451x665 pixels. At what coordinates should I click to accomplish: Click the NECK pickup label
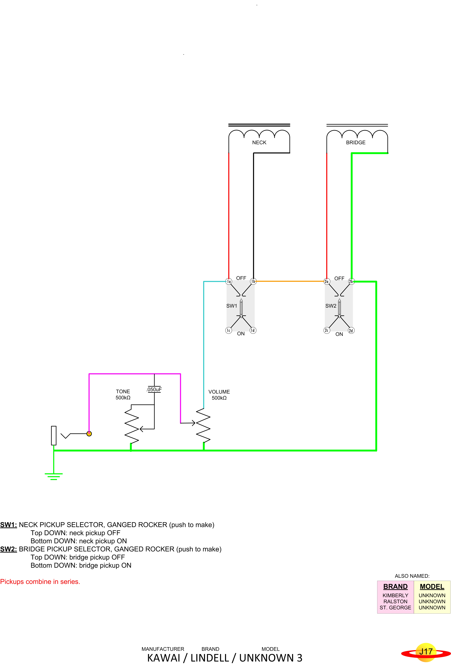click(x=259, y=143)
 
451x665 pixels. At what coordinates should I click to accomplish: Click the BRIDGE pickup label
click(x=356, y=143)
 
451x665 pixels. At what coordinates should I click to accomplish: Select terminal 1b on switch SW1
click(x=253, y=281)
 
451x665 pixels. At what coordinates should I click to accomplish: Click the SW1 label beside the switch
click(x=232, y=306)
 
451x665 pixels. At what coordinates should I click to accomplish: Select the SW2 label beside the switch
click(x=331, y=306)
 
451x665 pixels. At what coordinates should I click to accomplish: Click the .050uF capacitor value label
click(x=154, y=389)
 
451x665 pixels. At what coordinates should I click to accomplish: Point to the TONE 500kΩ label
click(x=123, y=395)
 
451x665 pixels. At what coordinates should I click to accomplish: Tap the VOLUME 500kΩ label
click(x=219, y=395)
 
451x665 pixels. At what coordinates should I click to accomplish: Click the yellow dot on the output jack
click(x=89, y=434)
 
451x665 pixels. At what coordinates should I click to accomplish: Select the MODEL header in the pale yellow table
click(x=432, y=587)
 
